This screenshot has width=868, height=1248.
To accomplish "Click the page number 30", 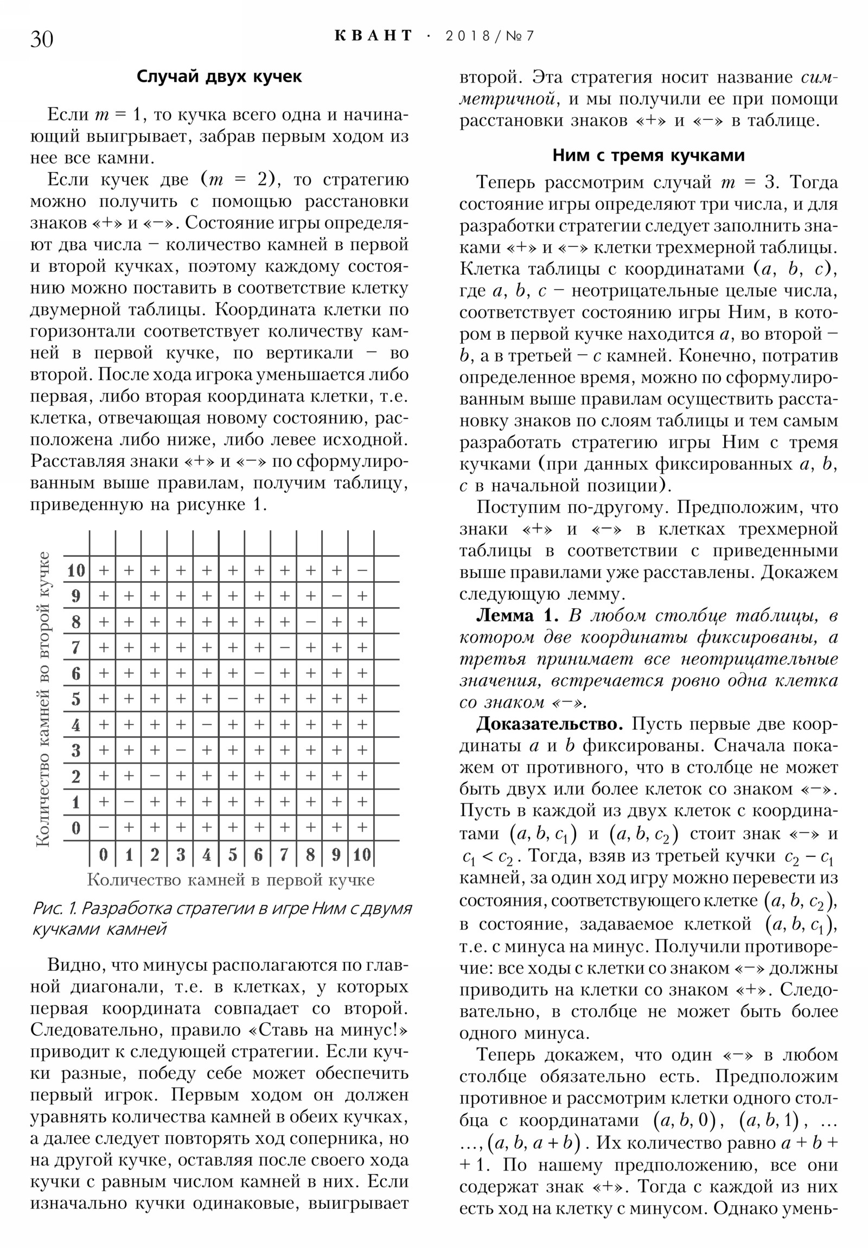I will coord(42,39).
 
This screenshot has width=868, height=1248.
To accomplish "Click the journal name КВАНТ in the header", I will coord(373,36).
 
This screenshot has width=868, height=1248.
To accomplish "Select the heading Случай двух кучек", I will coord(219,77).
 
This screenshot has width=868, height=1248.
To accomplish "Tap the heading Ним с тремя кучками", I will coord(648,155).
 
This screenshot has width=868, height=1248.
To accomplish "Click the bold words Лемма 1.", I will coord(517,615).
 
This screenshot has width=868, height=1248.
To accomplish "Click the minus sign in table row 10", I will coord(362,570).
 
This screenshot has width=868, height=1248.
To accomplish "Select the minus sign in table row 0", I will coord(103,828).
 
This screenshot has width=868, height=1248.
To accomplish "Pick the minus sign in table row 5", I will coord(233,699).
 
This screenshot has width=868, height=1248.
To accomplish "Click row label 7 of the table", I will coord(76,647).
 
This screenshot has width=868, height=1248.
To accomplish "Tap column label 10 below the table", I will coord(362,855).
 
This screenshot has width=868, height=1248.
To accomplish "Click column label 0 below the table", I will coord(103,855).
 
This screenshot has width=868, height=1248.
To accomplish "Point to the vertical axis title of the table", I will coord(43,699).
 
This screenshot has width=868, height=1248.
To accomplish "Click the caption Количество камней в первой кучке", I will coord(231,880).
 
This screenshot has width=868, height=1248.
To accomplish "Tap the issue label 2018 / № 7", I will coord(489,36).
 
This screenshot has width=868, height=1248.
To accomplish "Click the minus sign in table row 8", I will coord(310,622).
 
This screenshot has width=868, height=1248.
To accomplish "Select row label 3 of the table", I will coord(76,750).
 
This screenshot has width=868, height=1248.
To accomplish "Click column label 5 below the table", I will coord(233,855).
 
